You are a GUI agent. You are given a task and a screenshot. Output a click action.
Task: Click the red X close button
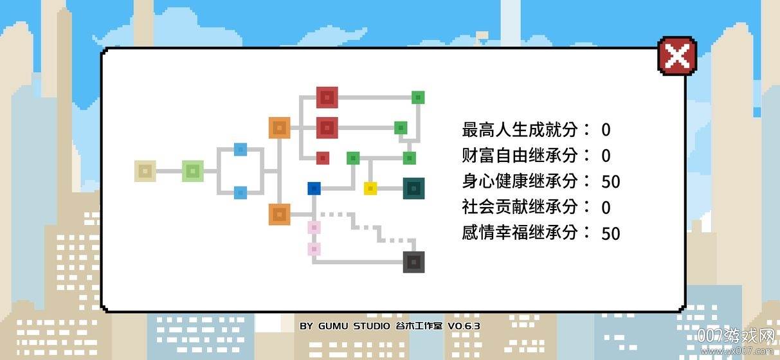[677, 56]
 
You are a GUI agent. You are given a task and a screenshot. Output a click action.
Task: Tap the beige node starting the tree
[145, 171]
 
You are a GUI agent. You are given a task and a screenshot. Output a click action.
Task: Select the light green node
[193, 171]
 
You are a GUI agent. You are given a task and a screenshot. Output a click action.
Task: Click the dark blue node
[314, 188]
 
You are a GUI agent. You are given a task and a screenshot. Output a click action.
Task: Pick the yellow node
[370, 188]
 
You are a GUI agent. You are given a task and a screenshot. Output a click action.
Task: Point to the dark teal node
[413, 188]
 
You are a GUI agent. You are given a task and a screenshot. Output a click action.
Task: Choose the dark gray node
[413, 262]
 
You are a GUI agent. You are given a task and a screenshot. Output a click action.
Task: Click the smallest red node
[323, 158]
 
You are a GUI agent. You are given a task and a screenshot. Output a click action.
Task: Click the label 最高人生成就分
[520, 129]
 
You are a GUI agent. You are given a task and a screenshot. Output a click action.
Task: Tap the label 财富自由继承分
[520, 156]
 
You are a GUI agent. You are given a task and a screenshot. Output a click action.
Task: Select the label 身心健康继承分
[520, 181]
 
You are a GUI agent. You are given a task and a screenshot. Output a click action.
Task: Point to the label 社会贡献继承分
[520, 207]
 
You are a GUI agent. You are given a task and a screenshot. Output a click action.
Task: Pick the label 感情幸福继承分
[520, 233]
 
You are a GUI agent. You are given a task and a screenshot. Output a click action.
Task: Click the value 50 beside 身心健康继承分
[611, 182]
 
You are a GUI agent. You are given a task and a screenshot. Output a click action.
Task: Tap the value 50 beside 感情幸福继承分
[611, 233]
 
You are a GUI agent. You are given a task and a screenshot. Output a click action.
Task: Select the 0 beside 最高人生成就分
[606, 130]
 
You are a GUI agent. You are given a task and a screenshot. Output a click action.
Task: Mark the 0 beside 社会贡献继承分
[606, 208]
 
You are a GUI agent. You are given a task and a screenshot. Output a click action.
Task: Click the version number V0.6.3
[464, 326]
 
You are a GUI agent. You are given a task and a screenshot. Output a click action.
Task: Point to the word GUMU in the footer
[333, 326]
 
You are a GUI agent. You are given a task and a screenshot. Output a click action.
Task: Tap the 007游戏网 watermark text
[736, 336]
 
